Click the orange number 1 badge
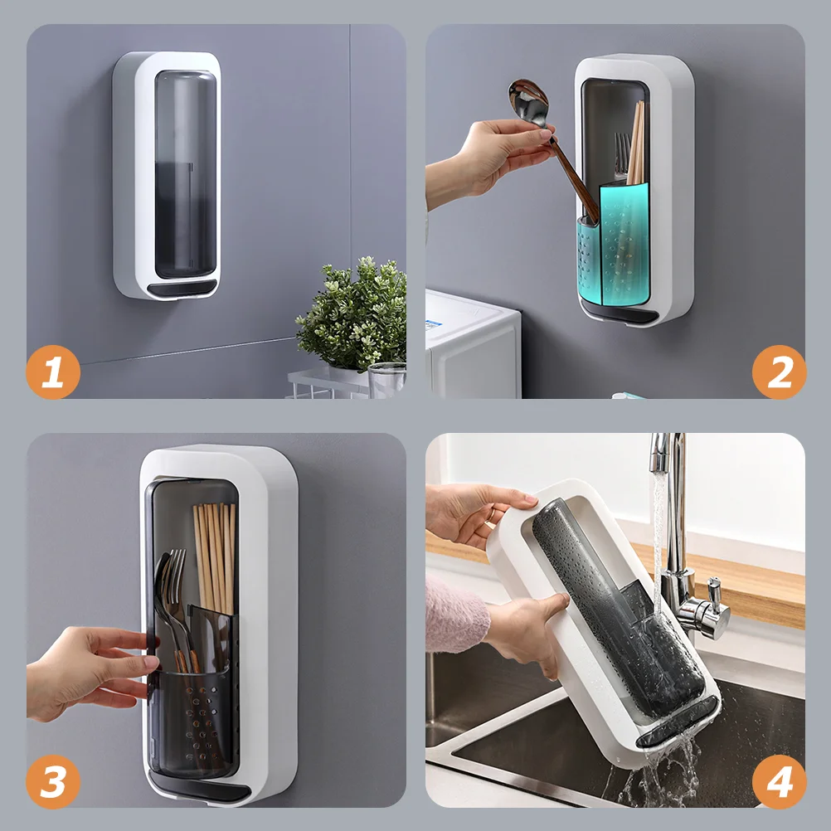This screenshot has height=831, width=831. [x=53, y=372]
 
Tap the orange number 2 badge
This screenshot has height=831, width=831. [x=779, y=372]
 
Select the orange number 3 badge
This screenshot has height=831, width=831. [x=53, y=782]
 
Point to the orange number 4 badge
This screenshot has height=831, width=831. [x=779, y=782]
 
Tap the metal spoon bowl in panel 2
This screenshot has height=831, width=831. [x=527, y=103]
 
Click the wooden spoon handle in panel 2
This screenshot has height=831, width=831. [x=575, y=179]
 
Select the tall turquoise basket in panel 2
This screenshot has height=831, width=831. [x=624, y=244]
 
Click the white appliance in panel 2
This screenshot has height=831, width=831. [x=472, y=344]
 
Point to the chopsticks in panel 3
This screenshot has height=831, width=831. [x=215, y=557]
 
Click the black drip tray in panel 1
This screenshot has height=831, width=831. [x=182, y=289]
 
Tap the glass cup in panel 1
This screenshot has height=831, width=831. [x=386, y=380]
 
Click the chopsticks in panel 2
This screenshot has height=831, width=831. [x=636, y=143]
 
